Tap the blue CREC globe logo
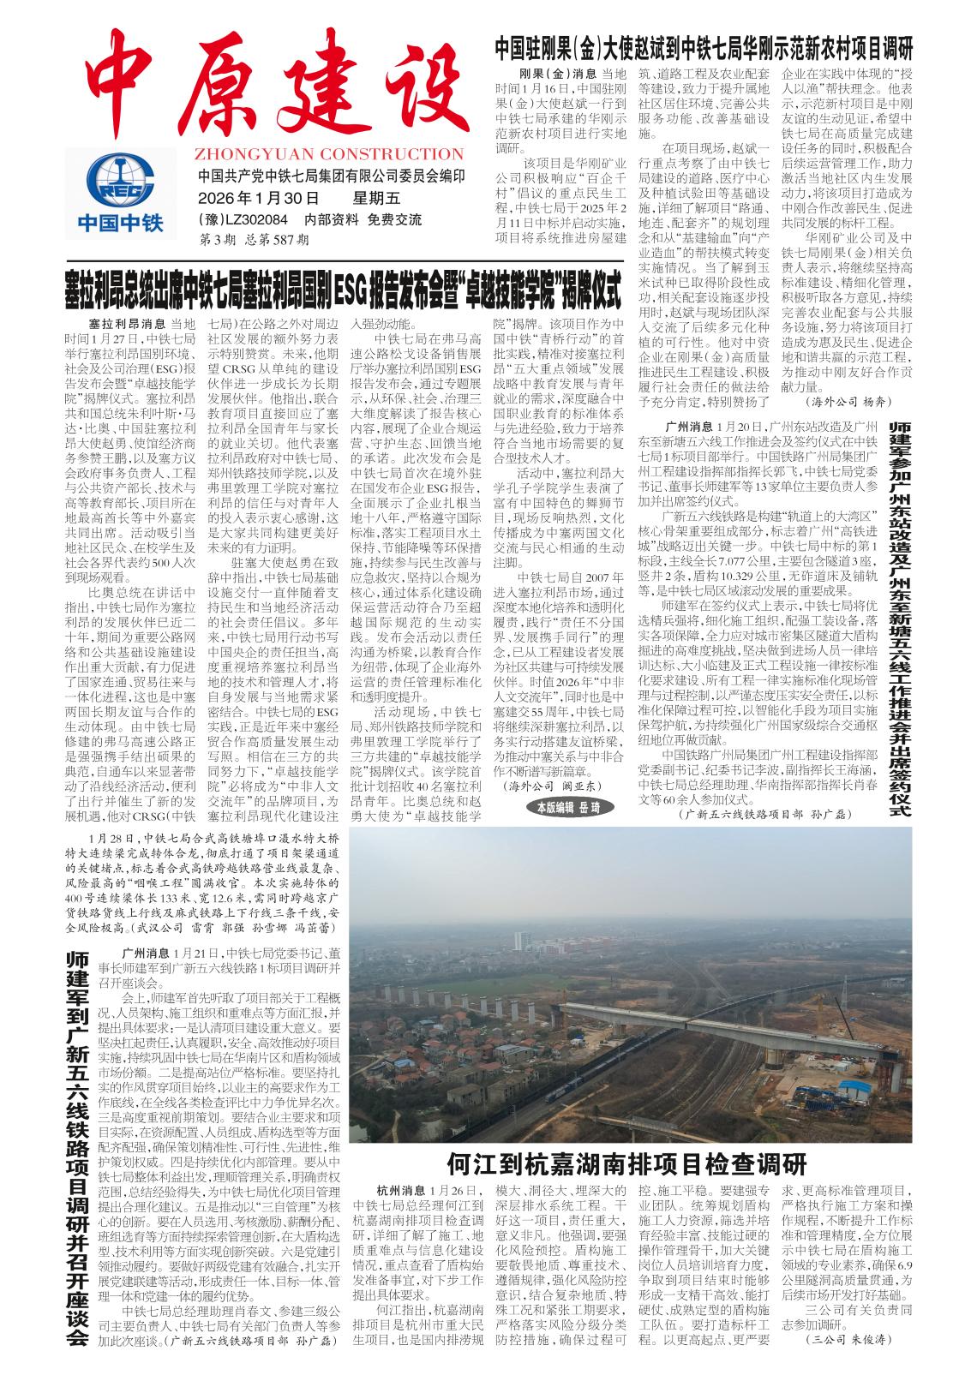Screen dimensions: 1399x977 120,177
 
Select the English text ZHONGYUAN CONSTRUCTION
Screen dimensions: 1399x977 329,155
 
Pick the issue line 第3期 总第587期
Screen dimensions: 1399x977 254,240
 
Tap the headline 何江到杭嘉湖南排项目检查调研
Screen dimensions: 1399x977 626,1165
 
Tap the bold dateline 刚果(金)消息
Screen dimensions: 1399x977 558,73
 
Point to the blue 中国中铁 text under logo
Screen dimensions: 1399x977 120,224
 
